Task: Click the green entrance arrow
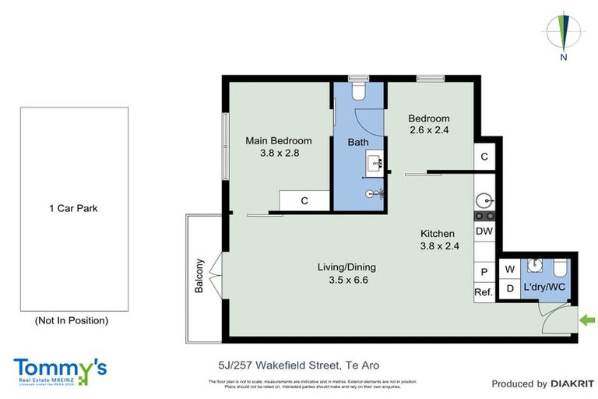click(x=586, y=320)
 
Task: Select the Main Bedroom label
click(x=278, y=141)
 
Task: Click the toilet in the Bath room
click(x=358, y=93)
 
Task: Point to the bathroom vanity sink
click(x=374, y=162)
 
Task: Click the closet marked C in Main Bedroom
click(x=304, y=201)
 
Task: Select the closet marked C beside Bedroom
click(x=484, y=157)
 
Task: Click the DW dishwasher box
click(x=484, y=231)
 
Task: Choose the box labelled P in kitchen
click(x=484, y=272)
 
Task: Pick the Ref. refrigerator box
click(x=484, y=293)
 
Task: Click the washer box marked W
click(x=510, y=270)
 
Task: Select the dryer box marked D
click(x=510, y=289)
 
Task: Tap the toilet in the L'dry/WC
click(x=559, y=269)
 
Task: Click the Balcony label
click(x=199, y=275)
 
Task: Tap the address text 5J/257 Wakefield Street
click(x=298, y=365)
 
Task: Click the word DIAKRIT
click(x=572, y=383)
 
